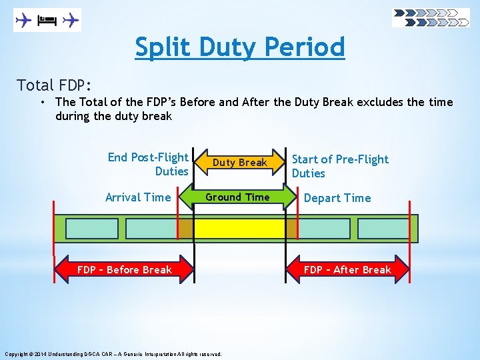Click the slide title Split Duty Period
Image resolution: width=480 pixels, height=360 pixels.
(x=240, y=47)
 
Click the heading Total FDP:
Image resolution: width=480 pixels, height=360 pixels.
(x=54, y=85)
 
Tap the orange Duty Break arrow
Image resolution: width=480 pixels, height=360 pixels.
(x=240, y=163)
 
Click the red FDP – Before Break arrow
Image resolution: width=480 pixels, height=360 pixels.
(x=125, y=270)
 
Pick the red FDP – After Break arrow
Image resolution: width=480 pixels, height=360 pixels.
(x=347, y=270)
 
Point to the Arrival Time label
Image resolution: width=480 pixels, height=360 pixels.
(x=138, y=197)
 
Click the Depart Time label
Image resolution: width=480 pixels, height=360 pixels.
(x=337, y=198)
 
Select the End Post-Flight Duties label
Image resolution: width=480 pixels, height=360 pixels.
(x=148, y=164)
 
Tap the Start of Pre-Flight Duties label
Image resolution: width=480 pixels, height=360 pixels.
(x=340, y=166)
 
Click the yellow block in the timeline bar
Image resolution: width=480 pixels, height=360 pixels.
(x=240, y=229)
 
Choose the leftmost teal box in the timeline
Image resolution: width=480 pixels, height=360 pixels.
(x=92, y=229)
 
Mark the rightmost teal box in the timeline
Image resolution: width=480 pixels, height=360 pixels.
(x=383, y=229)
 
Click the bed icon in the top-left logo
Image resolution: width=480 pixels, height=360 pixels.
(x=46, y=20)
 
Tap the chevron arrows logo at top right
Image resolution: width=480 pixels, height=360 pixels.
(x=431, y=17)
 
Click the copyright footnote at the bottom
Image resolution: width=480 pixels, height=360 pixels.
(x=113, y=354)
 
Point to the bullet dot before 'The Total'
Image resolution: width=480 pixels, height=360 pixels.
(x=42, y=102)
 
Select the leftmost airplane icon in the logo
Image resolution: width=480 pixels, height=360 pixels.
(x=24, y=20)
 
